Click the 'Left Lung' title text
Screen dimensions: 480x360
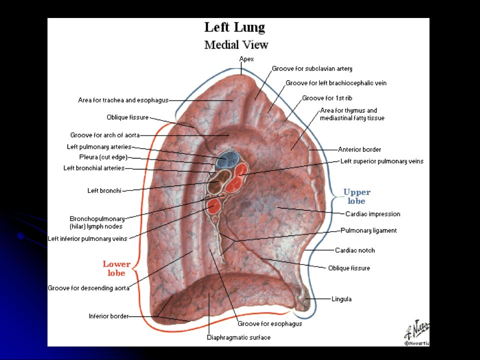(234, 27)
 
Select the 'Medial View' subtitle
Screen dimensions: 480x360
(236, 44)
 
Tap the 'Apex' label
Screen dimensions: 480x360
(246, 59)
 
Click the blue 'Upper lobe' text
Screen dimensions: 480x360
(356, 196)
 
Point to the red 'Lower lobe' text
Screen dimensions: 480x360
(116, 268)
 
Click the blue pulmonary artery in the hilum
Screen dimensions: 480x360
(227, 159)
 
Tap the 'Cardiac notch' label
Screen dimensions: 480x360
(355, 250)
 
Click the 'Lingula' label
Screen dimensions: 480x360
(341, 299)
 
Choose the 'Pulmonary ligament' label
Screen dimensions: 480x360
(368, 230)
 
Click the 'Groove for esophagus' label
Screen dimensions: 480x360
(269, 324)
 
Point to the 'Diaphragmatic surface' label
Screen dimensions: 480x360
(239, 337)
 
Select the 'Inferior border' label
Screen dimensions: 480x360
(108, 316)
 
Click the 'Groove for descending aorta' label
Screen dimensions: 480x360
(88, 288)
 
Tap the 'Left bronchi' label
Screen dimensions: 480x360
(104, 190)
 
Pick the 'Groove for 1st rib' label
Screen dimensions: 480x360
(327, 98)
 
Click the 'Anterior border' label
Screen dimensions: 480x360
(359, 149)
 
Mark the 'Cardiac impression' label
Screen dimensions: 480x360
(372, 214)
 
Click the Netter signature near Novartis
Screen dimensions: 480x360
(417, 330)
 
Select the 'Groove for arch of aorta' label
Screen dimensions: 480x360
(105, 135)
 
